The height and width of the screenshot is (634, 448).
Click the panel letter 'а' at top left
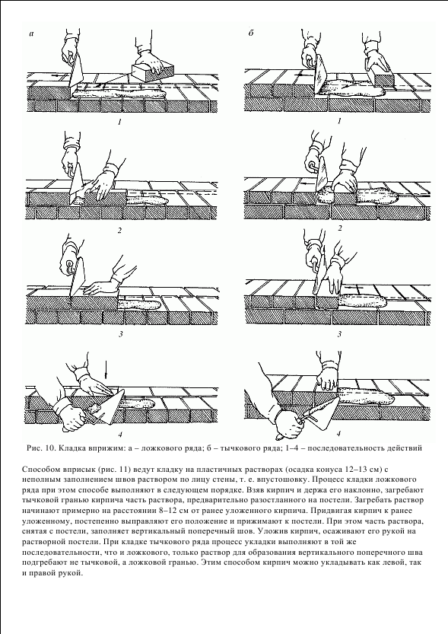pyautogui.click(x=32, y=34)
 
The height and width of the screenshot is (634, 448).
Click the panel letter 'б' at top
pyautogui.click(x=251, y=33)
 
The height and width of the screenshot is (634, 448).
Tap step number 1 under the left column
pyautogui.click(x=119, y=122)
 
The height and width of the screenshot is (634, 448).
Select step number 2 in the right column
pyautogui.click(x=340, y=228)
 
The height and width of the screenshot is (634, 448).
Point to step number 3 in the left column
pyautogui.click(x=120, y=334)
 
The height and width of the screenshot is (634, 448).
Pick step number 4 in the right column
pyautogui.click(x=338, y=434)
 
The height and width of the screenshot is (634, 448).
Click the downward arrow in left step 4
pyautogui.click(x=106, y=371)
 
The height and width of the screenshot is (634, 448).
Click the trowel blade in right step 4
pyautogui.click(x=324, y=413)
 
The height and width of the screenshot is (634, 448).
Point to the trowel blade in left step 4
pyautogui.click(x=113, y=408)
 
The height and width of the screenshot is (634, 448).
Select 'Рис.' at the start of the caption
pyautogui.click(x=33, y=448)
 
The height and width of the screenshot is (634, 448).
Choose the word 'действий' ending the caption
pyautogui.click(x=407, y=448)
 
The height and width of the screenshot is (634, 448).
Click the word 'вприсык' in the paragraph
pyautogui.click(x=71, y=470)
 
